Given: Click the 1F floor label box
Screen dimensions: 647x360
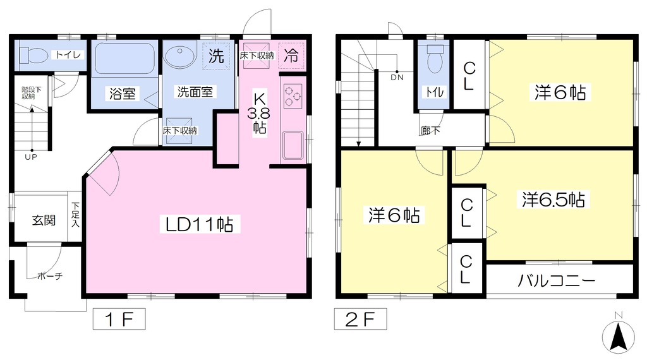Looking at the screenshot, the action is [x=119, y=319].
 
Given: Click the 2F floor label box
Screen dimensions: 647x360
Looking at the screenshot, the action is [x=360, y=319].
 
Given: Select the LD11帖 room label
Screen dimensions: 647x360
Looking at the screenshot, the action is [x=200, y=224].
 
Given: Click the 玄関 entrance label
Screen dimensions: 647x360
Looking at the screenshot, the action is [x=44, y=220].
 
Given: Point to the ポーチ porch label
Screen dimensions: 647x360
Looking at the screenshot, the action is [x=49, y=276].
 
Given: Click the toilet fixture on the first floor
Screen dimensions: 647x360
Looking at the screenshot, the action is [x=33, y=55].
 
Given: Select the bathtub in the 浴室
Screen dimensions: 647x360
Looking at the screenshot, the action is [x=124, y=59].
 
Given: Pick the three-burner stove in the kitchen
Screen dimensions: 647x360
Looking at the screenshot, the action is [x=293, y=96].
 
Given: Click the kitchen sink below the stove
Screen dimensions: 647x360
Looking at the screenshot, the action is [x=293, y=145].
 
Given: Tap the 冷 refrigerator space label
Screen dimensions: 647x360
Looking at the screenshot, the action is [x=291, y=55].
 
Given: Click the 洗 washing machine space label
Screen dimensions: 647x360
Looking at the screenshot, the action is [x=216, y=56].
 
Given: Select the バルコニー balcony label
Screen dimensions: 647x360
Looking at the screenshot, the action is [x=556, y=281].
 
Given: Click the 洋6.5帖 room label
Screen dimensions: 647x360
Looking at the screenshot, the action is [x=553, y=200].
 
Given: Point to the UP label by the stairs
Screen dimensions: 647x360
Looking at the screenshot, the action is [x=31, y=157].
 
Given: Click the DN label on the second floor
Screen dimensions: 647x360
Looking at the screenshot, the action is [x=397, y=77].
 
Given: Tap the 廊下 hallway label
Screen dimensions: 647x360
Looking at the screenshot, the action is [x=430, y=131].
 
